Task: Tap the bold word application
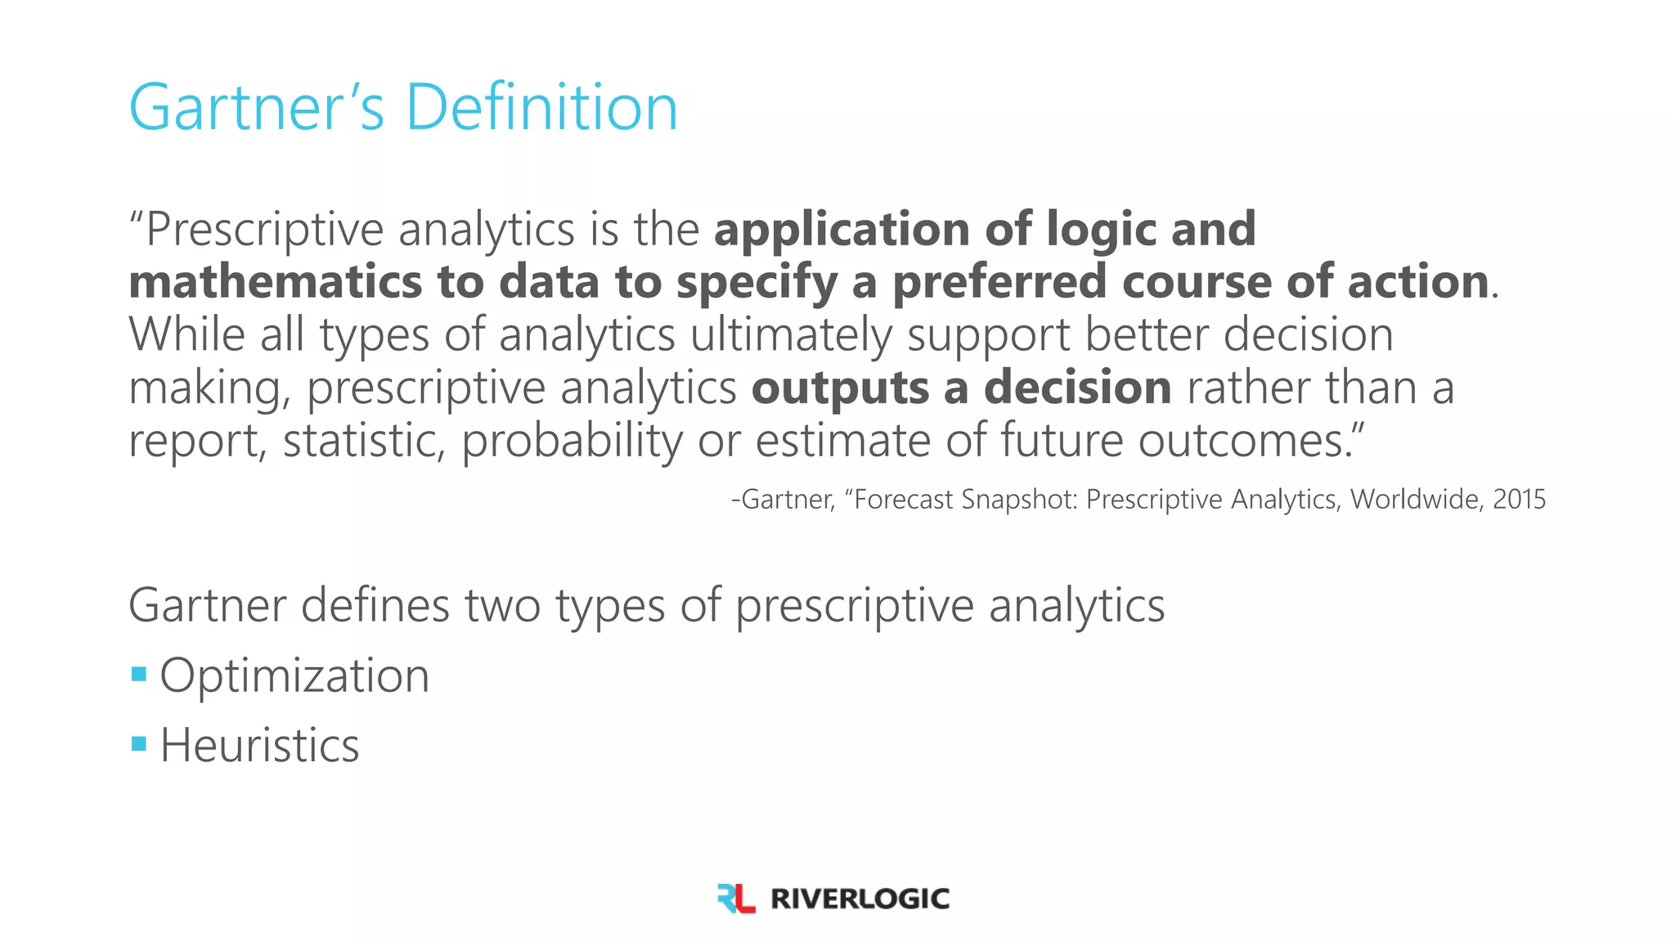(x=842, y=229)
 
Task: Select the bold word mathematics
(x=275, y=282)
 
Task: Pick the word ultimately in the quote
(x=791, y=335)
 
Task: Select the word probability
(x=572, y=441)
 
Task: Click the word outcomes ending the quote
(x=1243, y=441)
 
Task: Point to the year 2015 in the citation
(x=1519, y=499)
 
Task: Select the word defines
(x=375, y=606)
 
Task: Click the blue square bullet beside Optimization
(x=139, y=675)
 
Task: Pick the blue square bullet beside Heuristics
(x=139, y=744)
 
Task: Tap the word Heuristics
(x=259, y=745)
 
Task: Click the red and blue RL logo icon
(x=735, y=898)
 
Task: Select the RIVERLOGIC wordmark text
(x=860, y=899)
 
